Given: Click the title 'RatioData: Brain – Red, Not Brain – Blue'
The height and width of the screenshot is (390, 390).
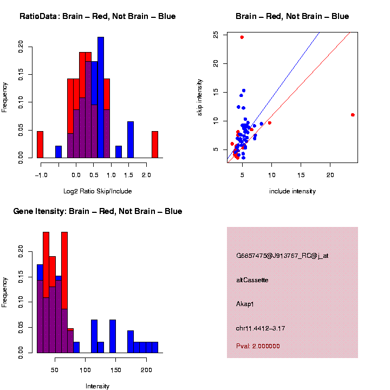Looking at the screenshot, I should point(97,17).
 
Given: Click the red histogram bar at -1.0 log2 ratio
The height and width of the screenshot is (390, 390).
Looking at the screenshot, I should point(40,145).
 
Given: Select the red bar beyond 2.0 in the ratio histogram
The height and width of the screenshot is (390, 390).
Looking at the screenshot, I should point(155,145).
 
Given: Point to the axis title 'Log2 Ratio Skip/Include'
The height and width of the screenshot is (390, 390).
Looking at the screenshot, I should point(97,191).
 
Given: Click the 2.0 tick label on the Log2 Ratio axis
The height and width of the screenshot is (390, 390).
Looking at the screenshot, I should point(147,175).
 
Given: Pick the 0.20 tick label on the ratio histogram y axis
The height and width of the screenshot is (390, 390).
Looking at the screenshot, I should point(21,47).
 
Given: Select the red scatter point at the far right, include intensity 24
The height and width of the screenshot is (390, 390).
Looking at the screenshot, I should point(353,115).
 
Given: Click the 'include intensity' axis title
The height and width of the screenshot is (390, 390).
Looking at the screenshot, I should point(292,191).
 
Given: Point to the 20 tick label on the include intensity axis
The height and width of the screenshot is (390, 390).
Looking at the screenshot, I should point(330,175).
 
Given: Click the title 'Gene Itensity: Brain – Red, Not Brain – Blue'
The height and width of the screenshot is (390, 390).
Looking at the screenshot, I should point(97,211).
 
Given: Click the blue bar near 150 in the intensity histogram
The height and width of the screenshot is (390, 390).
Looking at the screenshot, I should point(113,336).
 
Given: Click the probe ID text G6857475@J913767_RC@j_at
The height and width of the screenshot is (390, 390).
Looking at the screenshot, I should point(282,256).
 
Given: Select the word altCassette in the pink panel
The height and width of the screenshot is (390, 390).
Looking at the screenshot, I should point(252,280).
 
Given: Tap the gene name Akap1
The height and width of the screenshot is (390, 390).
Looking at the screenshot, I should point(245,304).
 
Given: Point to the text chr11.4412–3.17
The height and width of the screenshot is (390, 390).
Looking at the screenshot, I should point(261,328).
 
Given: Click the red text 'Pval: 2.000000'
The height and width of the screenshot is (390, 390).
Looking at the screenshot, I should point(258,346).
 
